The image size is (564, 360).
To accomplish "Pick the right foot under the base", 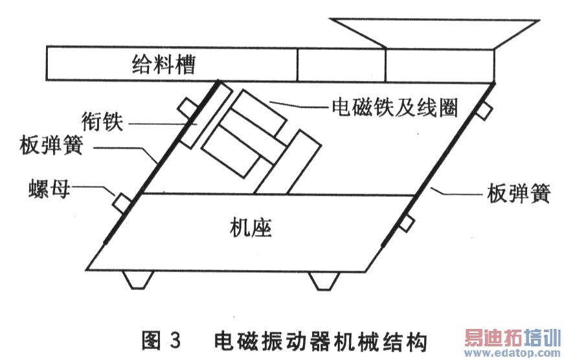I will tap(323, 280).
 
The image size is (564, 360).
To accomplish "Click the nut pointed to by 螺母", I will tap(122, 202).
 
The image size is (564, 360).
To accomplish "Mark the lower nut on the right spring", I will tap(406, 223).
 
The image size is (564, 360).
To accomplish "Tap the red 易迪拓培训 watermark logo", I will tap(511, 338).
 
